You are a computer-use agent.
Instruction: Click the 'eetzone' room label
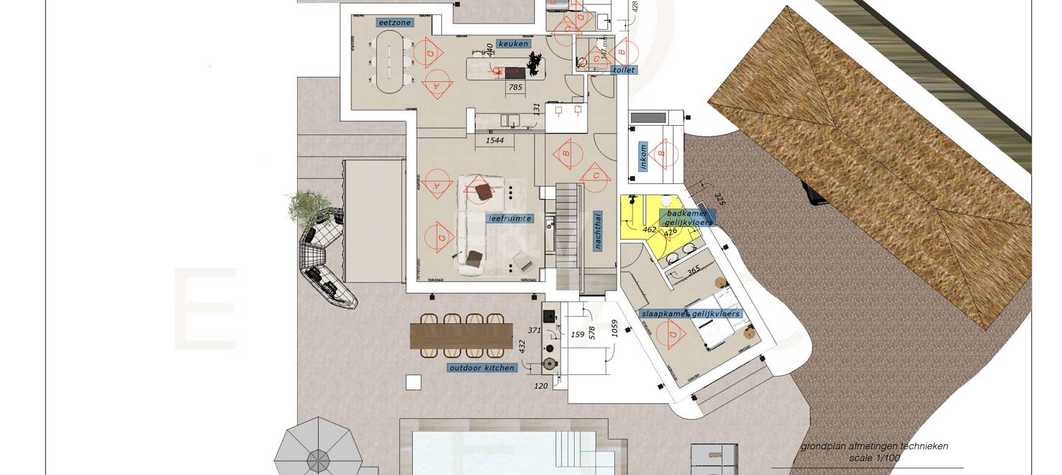point(394,22)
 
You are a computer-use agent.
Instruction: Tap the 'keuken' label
point(513,44)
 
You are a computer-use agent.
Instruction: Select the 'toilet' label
point(623,70)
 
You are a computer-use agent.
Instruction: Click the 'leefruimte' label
point(509,218)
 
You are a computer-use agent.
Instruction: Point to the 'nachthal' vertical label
point(597,230)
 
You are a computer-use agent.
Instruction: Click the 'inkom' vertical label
point(643,157)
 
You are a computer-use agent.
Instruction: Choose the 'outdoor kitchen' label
point(481,368)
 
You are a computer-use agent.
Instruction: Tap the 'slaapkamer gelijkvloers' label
point(690,314)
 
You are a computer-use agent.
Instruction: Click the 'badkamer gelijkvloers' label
point(687,218)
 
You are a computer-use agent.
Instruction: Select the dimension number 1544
point(494,141)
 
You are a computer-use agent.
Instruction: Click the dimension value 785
point(515,88)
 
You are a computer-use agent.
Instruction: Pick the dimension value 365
point(693,271)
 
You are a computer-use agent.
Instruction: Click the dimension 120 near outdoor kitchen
point(541,386)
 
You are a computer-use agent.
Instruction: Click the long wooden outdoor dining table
point(461,336)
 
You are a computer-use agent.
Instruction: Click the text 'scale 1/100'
point(874,458)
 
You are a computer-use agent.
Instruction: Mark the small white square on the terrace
point(413,382)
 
